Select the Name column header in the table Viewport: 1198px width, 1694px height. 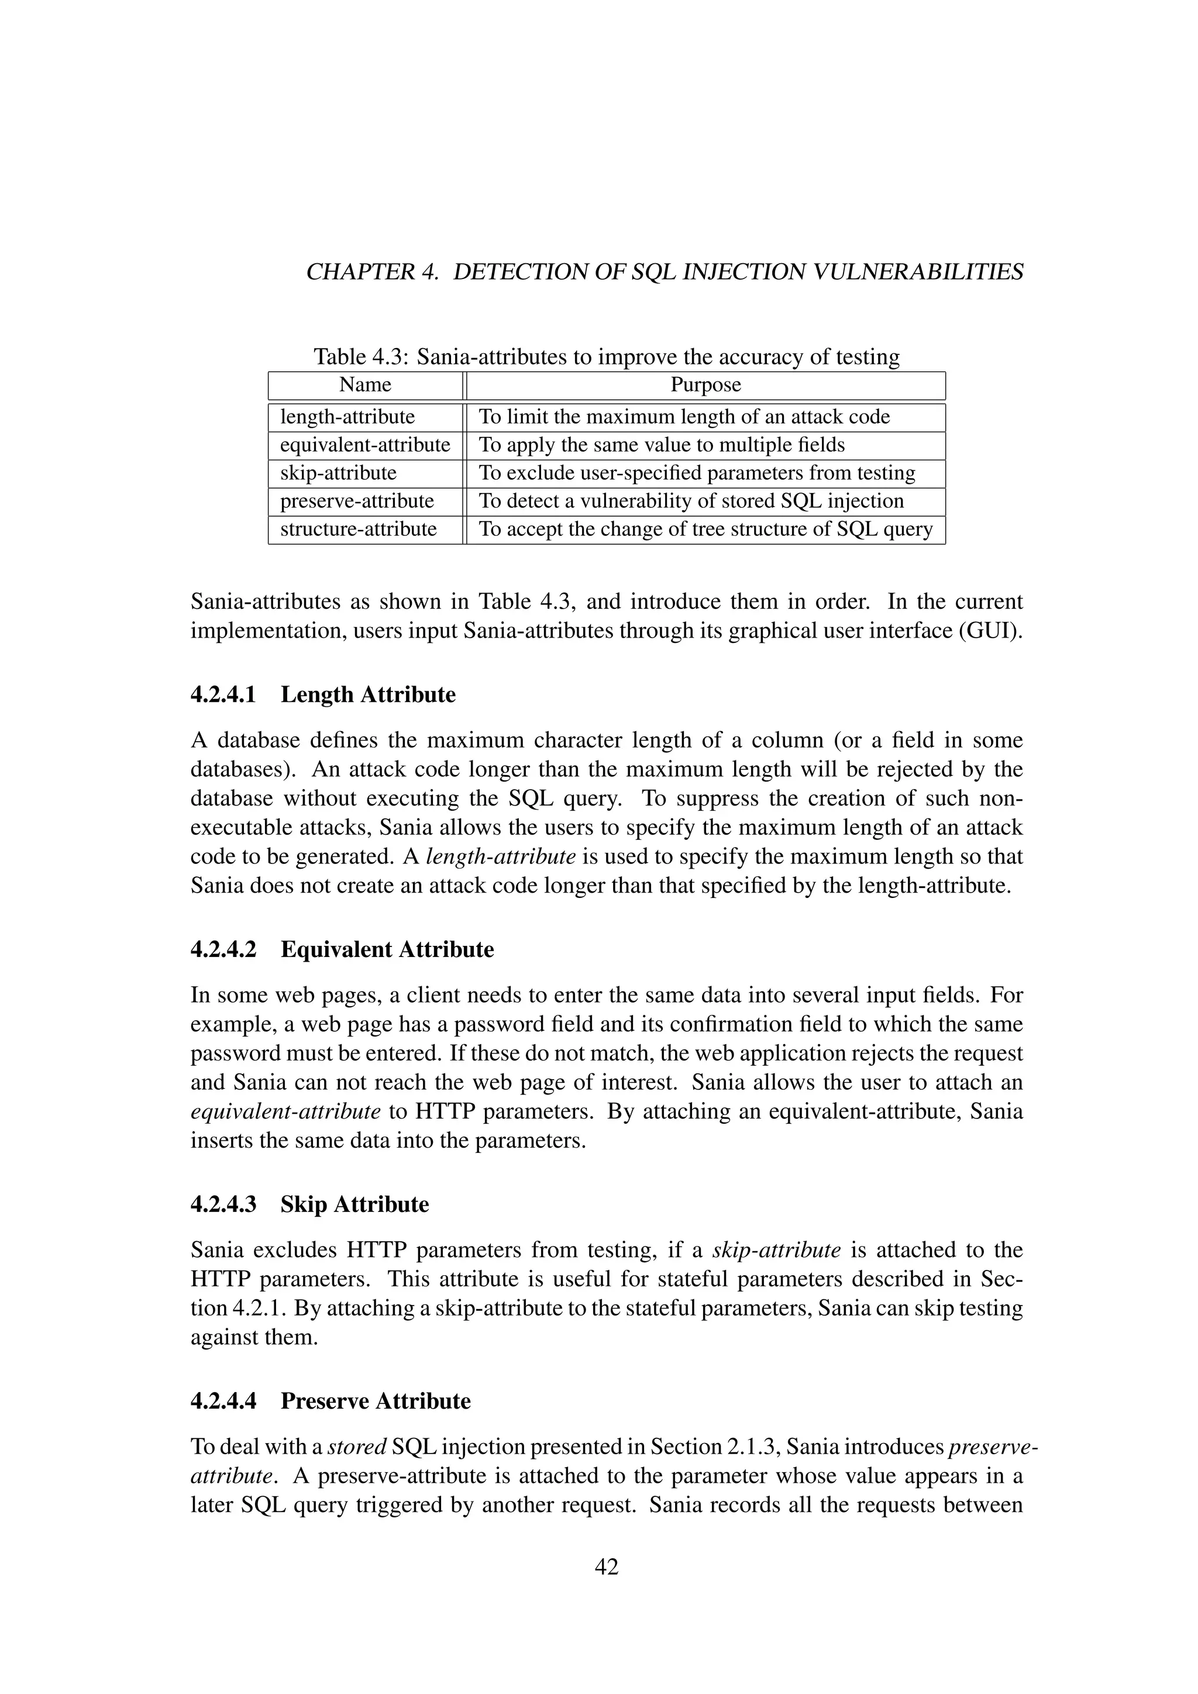click(x=365, y=385)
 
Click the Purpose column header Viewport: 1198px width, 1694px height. click(x=705, y=385)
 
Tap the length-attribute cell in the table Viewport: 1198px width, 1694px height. click(x=347, y=417)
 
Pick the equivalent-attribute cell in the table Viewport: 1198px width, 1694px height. click(x=365, y=445)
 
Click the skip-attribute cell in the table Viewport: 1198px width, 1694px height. click(x=338, y=473)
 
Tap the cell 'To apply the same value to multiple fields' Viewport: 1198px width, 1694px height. click(x=662, y=445)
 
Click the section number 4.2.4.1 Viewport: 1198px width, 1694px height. click(x=223, y=695)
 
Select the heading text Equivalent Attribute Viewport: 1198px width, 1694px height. click(x=387, y=949)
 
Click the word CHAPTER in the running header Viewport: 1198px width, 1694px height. click(x=361, y=272)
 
